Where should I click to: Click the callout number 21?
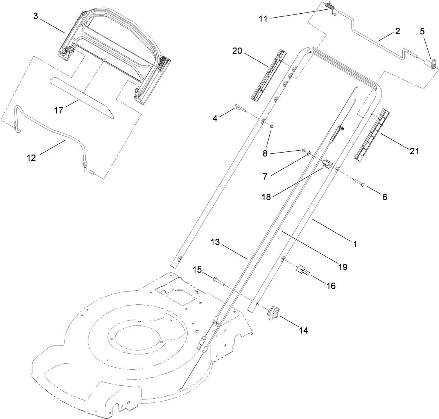pyautogui.click(x=414, y=151)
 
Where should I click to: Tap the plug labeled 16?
pyautogui.click(x=303, y=270)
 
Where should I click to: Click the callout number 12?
pyautogui.click(x=31, y=158)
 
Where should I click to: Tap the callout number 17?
pyautogui.click(x=59, y=111)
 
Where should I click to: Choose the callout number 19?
pyautogui.click(x=343, y=267)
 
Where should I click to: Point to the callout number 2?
pyautogui.click(x=398, y=32)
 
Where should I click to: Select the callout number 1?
pyautogui.click(x=355, y=244)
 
